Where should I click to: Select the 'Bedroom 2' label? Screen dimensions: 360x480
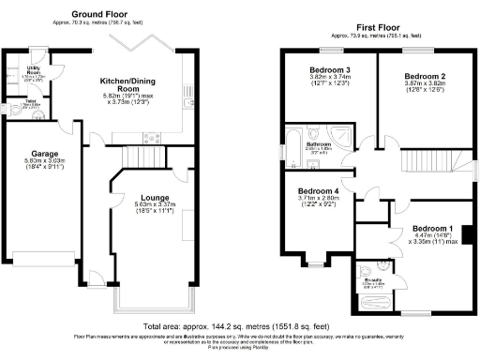tap(423, 76)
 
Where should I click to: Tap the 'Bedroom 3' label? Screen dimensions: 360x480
tap(328, 70)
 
